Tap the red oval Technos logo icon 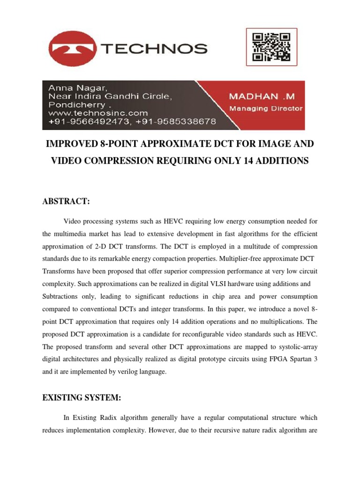point(73,48)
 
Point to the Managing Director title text point(265,109)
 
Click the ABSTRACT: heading point(66,201)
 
